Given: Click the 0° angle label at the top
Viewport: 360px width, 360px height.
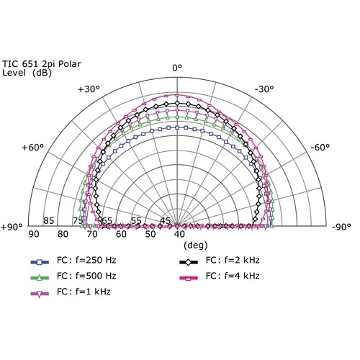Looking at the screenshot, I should click(178, 68).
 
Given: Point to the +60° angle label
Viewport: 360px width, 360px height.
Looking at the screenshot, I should click(33, 148).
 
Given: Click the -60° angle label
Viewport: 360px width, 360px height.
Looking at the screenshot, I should click(320, 148).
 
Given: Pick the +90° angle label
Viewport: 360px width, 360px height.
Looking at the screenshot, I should click(12, 227).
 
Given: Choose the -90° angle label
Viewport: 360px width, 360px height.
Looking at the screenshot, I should click(341, 227).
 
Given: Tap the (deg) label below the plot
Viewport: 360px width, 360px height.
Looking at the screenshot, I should click(178, 245).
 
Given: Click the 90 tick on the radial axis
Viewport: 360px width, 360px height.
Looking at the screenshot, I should click(33, 234).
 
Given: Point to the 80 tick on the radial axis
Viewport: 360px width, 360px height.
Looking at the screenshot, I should click(63, 234).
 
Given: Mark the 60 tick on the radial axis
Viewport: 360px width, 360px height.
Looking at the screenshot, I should click(121, 234).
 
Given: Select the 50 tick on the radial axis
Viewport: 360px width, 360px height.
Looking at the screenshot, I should click(150, 234).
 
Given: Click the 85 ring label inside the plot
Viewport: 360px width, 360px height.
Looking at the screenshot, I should click(49, 220).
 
